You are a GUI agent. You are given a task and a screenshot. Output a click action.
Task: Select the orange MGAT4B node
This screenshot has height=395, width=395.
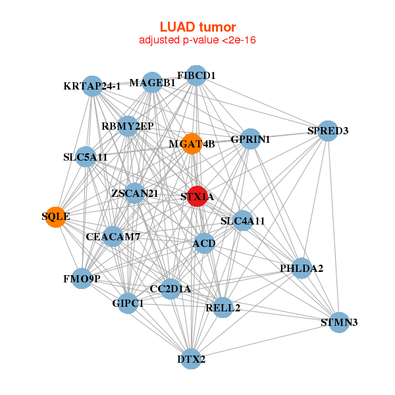[191, 144]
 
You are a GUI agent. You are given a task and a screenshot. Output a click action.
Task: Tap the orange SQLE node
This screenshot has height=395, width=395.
[56, 217]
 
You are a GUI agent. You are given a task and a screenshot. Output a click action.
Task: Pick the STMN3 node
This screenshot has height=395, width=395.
[339, 322]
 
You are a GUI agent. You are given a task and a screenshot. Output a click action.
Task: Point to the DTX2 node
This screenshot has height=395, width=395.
[192, 359]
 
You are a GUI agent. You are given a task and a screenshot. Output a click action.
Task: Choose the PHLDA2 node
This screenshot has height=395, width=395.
[302, 268]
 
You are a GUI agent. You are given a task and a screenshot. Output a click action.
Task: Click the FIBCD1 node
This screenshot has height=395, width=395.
[196, 76]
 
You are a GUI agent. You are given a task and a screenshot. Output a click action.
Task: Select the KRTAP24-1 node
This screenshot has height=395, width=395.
[92, 86]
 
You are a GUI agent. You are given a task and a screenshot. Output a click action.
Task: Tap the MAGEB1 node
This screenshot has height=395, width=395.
[152, 82]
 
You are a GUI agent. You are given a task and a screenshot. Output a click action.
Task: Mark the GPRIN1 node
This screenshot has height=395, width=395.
[251, 139]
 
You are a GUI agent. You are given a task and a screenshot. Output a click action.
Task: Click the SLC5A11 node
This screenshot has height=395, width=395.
[86, 157]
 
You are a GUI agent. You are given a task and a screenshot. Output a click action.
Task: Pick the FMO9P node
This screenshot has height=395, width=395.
[82, 278]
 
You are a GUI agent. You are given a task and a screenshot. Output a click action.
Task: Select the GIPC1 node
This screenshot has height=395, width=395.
[128, 303]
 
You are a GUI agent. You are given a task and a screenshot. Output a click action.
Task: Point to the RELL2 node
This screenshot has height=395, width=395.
[223, 307]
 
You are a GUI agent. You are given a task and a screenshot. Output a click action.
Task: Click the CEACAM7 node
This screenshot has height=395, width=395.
[113, 236]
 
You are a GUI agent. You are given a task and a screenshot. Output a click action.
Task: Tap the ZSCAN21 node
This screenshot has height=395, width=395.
[134, 193]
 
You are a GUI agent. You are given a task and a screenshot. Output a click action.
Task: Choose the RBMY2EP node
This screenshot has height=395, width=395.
[128, 126]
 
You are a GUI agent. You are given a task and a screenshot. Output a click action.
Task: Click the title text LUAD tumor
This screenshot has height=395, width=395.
[197, 27]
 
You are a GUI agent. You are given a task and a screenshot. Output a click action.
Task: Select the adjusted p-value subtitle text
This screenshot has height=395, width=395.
[197, 40]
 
